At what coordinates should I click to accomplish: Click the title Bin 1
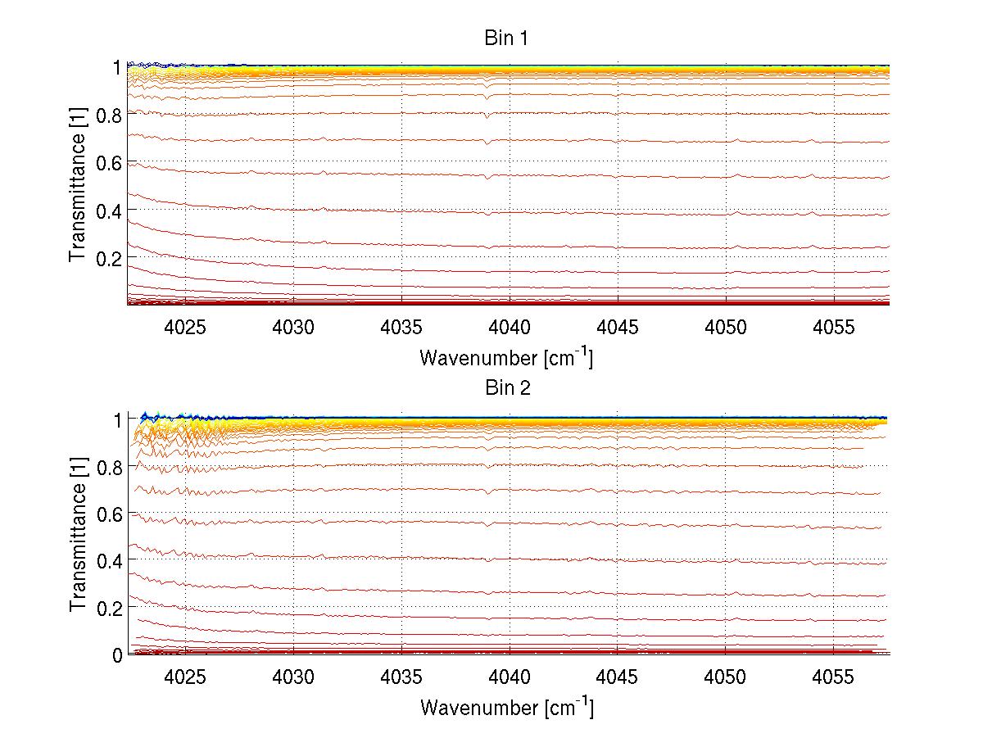click(508, 38)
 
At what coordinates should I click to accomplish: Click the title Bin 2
click(508, 388)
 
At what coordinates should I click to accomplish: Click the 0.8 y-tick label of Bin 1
click(109, 115)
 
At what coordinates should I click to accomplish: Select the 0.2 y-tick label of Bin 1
click(109, 257)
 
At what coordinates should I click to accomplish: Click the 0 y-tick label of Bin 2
click(117, 655)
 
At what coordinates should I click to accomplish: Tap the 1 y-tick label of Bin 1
click(117, 67)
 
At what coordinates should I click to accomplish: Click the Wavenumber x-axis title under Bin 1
click(506, 358)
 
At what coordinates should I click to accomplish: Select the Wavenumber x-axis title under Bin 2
click(506, 708)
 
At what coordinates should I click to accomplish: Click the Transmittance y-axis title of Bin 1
click(78, 186)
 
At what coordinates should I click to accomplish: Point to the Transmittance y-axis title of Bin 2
click(78, 537)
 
